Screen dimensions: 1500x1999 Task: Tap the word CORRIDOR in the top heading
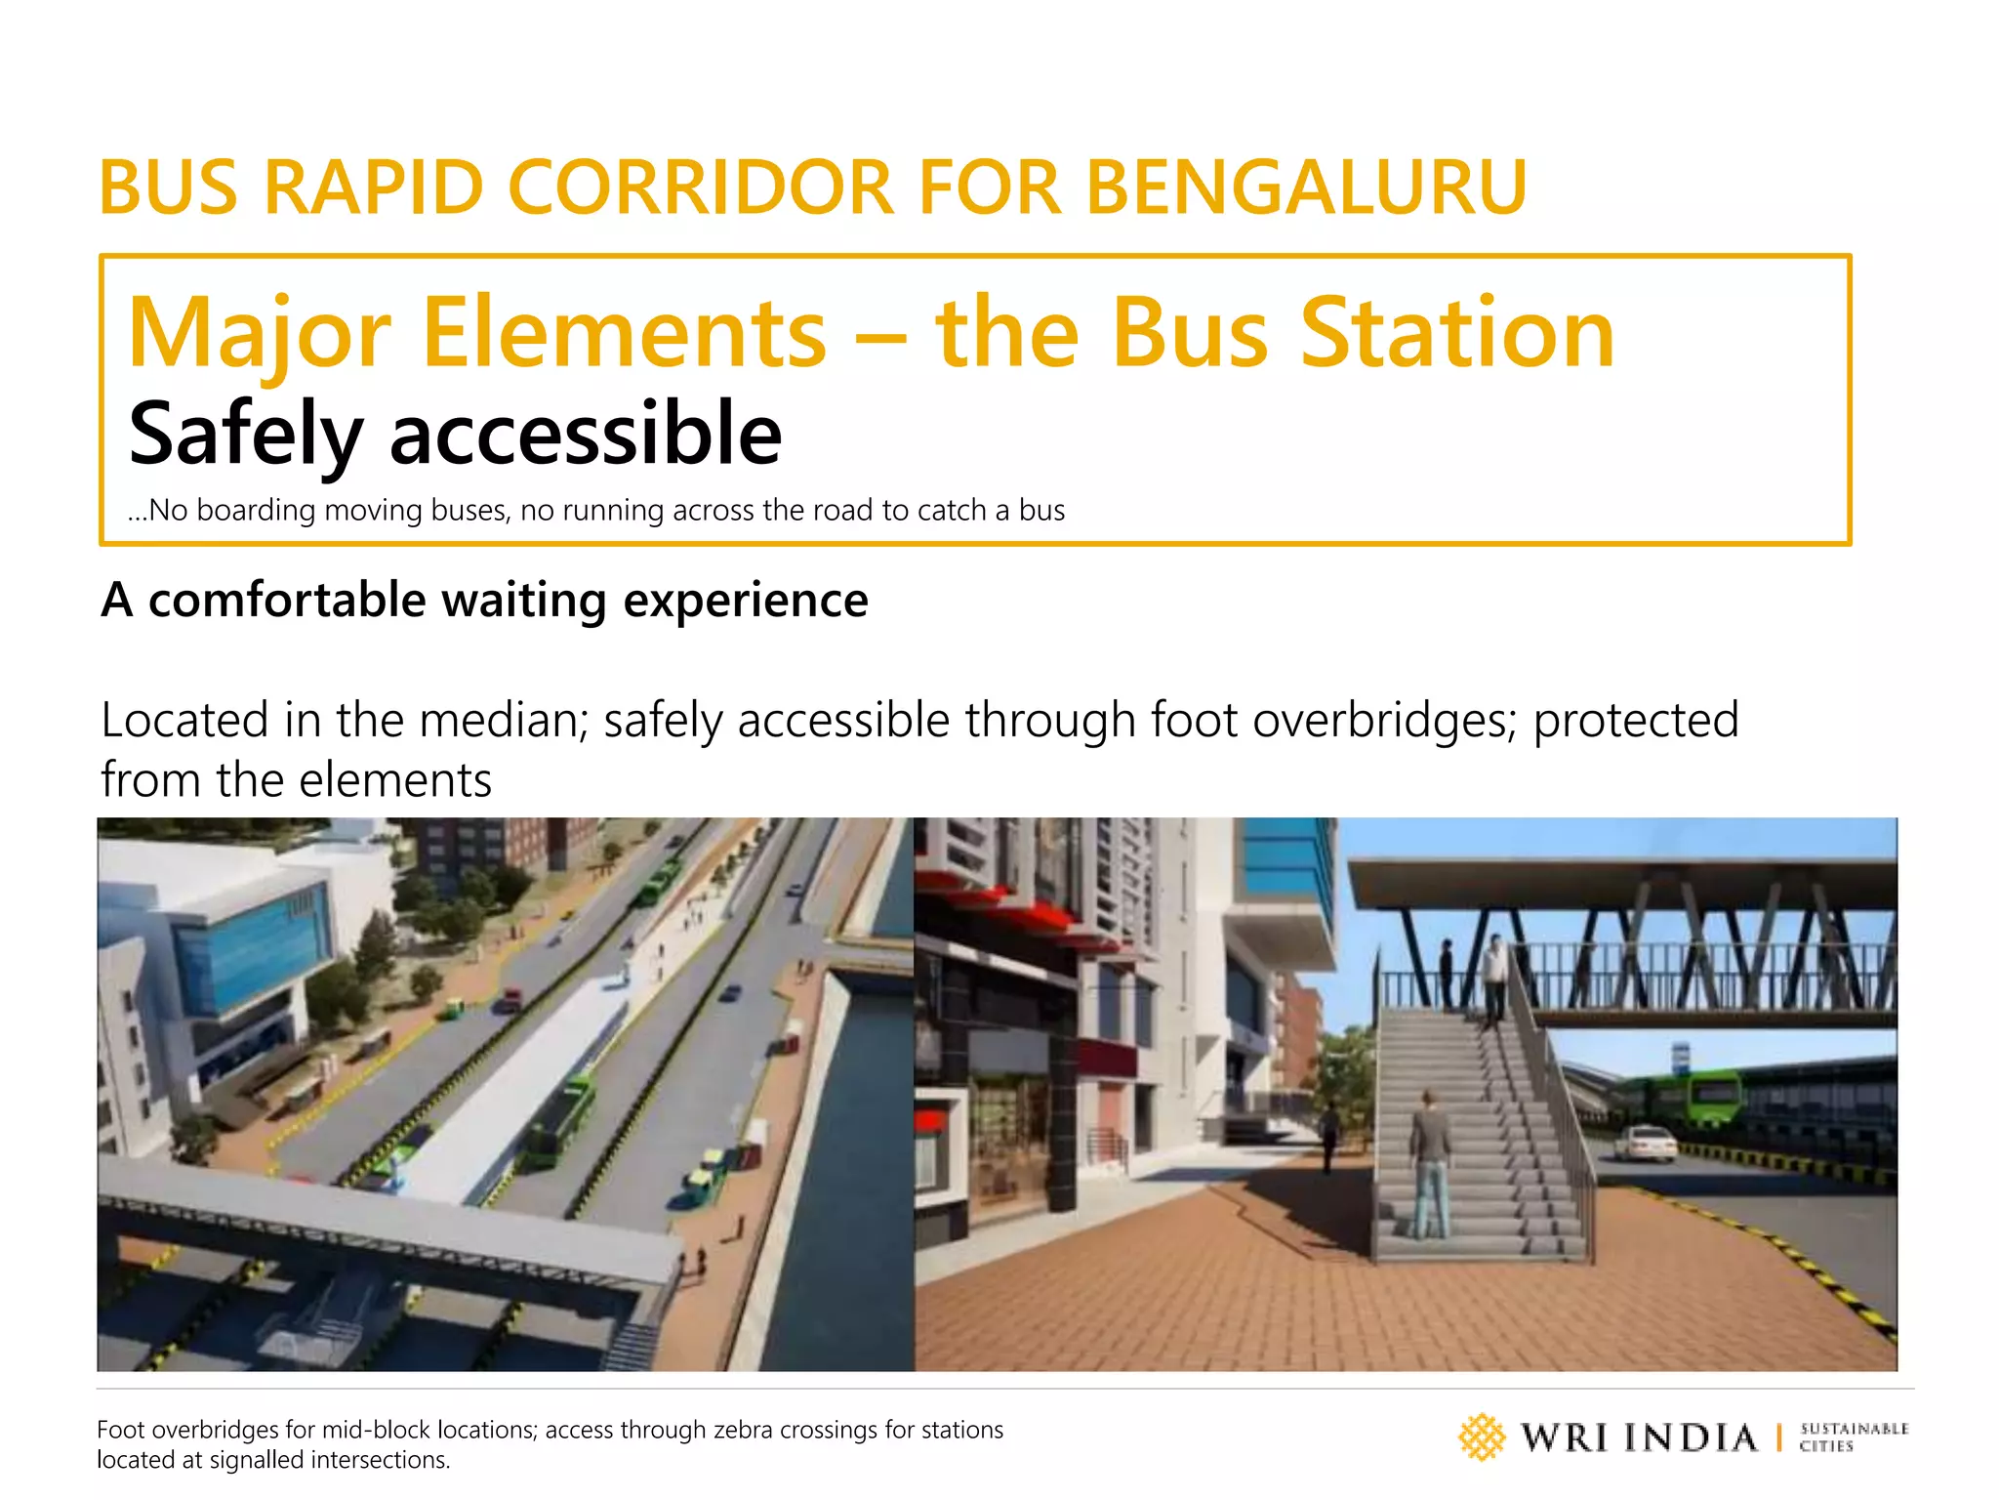pos(700,187)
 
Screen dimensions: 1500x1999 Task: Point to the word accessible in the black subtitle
pos(586,435)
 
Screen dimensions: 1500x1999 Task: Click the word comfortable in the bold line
pos(287,600)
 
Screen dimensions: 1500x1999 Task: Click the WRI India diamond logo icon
pos(1482,1437)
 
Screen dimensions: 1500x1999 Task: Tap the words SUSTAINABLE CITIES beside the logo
pos(1853,1437)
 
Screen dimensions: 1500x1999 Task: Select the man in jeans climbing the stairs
pos(1429,1162)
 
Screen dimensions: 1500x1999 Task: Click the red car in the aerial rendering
pos(510,1000)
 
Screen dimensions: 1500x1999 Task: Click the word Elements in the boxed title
pos(625,334)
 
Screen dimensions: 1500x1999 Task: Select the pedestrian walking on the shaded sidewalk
pos(1328,1133)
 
